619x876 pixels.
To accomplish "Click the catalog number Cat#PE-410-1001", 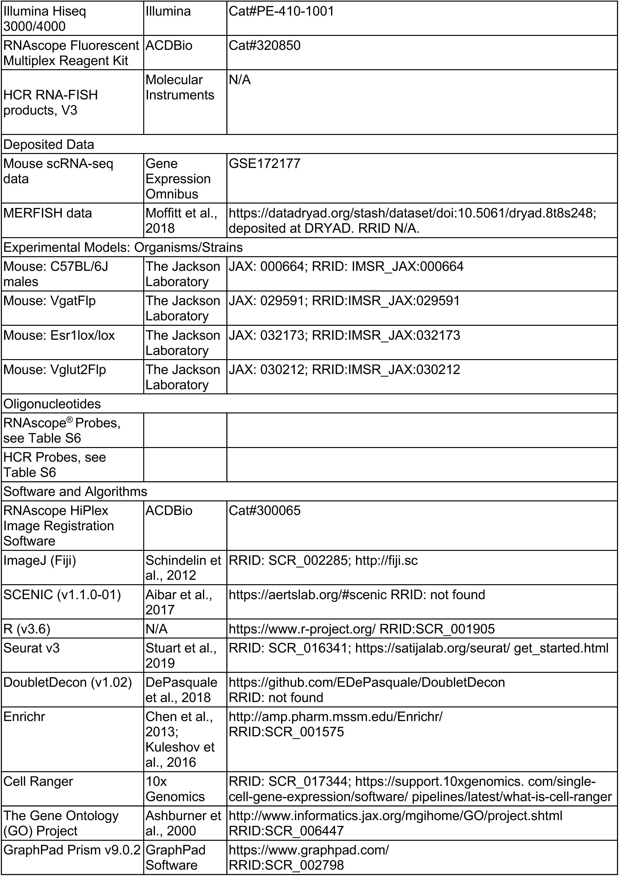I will (x=281, y=11).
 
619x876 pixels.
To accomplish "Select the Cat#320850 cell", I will (x=265, y=46).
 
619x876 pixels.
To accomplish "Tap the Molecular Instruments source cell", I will (x=180, y=87).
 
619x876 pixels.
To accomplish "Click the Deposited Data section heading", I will (x=49, y=144).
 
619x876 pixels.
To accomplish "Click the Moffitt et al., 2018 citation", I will (x=181, y=221).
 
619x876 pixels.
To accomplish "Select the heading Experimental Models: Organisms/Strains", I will (x=123, y=248).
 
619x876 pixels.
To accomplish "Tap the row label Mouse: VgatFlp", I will (x=50, y=301).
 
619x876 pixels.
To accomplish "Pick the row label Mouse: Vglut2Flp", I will (x=55, y=370).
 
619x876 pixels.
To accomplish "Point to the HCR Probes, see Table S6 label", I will (x=55, y=465).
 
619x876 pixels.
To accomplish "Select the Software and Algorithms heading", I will (x=75, y=491).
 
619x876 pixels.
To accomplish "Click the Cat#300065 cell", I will (x=265, y=511).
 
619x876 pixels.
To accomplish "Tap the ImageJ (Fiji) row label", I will (x=40, y=560).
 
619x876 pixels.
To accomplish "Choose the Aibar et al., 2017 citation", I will (x=178, y=602).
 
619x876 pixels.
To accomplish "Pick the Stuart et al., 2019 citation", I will (x=181, y=655).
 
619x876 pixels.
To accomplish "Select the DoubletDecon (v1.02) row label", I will (x=68, y=683).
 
